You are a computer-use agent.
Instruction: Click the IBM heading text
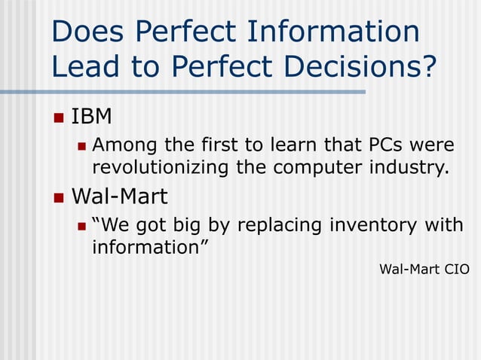point(91,117)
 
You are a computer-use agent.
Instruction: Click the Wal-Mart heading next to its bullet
point(119,197)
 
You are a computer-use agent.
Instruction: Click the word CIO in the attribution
point(456,269)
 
